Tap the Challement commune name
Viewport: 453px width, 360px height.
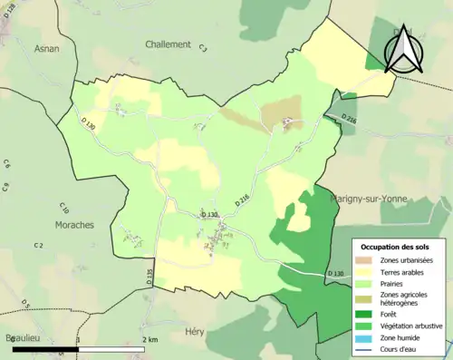(x=168, y=44)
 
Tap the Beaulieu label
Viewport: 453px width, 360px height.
(x=20, y=336)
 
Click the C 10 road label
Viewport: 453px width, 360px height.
(x=64, y=209)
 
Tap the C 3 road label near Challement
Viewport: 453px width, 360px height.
(x=204, y=48)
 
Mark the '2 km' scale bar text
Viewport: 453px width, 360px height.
(x=150, y=339)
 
